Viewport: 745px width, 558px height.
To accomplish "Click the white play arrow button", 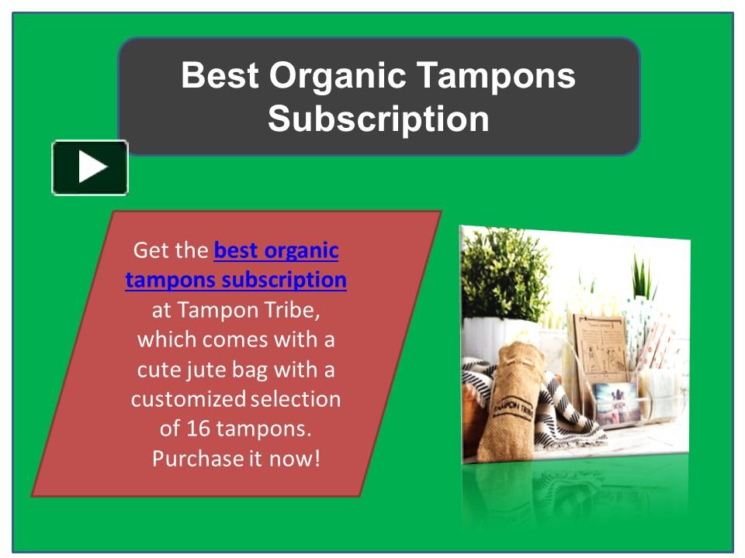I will pyautogui.click(x=90, y=167).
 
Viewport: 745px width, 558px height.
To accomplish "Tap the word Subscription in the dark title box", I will pyautogui.click(x=378, y=119).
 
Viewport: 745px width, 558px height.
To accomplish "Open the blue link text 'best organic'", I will pyautogui.click(x=275, y=251).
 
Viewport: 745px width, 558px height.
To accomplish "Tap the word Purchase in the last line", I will pyautogui.click(x=197, y=458).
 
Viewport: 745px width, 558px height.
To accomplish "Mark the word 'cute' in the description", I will pyautogui.click(x=160, y=369).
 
